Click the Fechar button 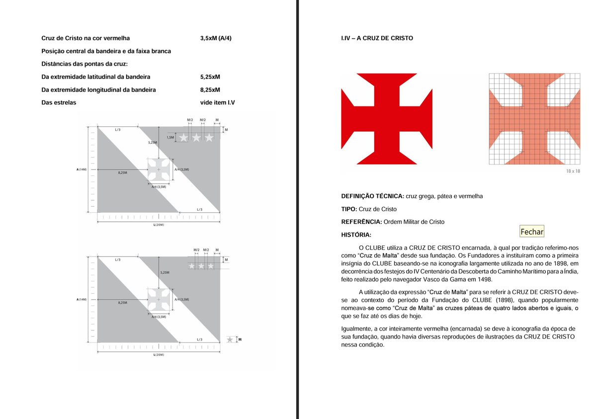532,232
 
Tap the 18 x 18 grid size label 573,171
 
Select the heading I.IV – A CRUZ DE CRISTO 377,38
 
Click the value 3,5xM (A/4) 216,38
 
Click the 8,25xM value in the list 210,90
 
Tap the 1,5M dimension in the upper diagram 170,137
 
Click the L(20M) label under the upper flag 159,225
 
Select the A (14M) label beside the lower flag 82,300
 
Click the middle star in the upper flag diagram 197,138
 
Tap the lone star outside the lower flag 230,340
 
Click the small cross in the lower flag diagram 159,300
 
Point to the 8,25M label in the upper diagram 122,172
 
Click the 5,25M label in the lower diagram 165,273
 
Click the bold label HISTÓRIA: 356,235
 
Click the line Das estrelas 59,103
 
